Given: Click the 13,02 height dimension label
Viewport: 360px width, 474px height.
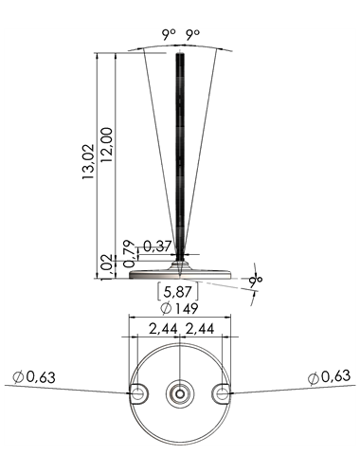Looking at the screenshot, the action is pos(88,162).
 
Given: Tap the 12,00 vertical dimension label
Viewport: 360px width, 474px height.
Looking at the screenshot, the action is pos(106,145).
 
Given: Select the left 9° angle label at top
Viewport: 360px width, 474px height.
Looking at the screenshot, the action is pos(169,34).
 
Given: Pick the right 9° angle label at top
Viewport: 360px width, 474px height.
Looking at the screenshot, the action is pos(192,34).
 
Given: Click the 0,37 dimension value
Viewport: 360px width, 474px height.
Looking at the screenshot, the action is pos(157,246).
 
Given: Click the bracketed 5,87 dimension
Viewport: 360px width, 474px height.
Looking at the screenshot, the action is pos(177,292).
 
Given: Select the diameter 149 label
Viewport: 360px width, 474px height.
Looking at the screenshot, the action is pos(179,308).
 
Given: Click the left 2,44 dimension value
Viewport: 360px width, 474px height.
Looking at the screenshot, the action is pos(164,329).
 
